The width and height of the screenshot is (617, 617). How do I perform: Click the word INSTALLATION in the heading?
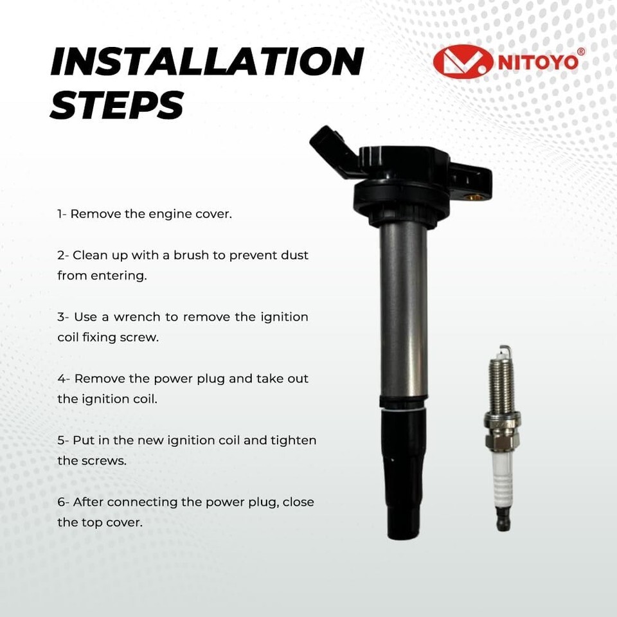[x=207, y=61]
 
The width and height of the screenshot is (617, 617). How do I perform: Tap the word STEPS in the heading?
[x=117, y=104]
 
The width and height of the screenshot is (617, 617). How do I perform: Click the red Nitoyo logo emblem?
[x=463, y=62]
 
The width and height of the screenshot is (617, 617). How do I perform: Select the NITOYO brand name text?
[x=538, y=62]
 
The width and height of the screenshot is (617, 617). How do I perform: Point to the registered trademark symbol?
[x=580, y=51]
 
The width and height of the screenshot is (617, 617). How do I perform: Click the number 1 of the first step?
[x=60, y=214]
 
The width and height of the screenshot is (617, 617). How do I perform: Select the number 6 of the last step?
[x=61, y=502]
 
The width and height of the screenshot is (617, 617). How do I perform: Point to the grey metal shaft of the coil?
[x=404, y=311]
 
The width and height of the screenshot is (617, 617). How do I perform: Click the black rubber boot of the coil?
[x=405, y=472]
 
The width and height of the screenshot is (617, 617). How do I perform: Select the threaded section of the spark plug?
[x=501, y=386]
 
